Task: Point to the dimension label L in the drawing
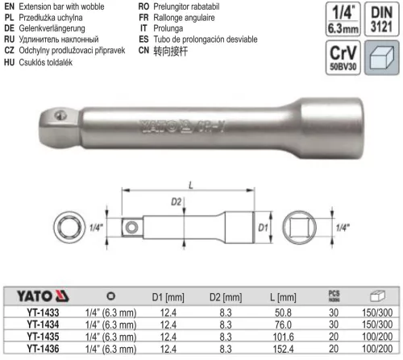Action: click(190, 185)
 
